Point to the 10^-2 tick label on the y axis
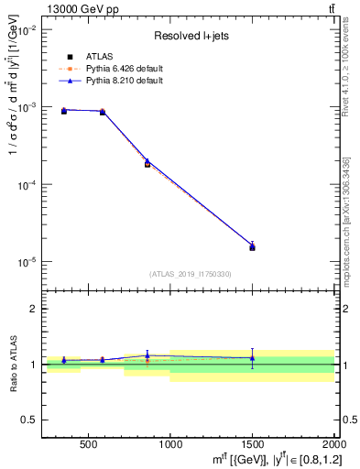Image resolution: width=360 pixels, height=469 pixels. (25, 30)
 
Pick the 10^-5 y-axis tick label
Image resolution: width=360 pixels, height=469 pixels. (25, 262)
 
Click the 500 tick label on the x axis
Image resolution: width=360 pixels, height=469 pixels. (89, 445)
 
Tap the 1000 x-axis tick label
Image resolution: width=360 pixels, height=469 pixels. (170, 445)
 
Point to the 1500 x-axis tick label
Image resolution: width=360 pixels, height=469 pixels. (252, 445)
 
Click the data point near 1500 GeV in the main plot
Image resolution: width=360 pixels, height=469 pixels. (252, 247)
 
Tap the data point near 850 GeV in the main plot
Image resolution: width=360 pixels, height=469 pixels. (147, 164)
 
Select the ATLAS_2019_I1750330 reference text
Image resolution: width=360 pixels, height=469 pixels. (191, 274)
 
